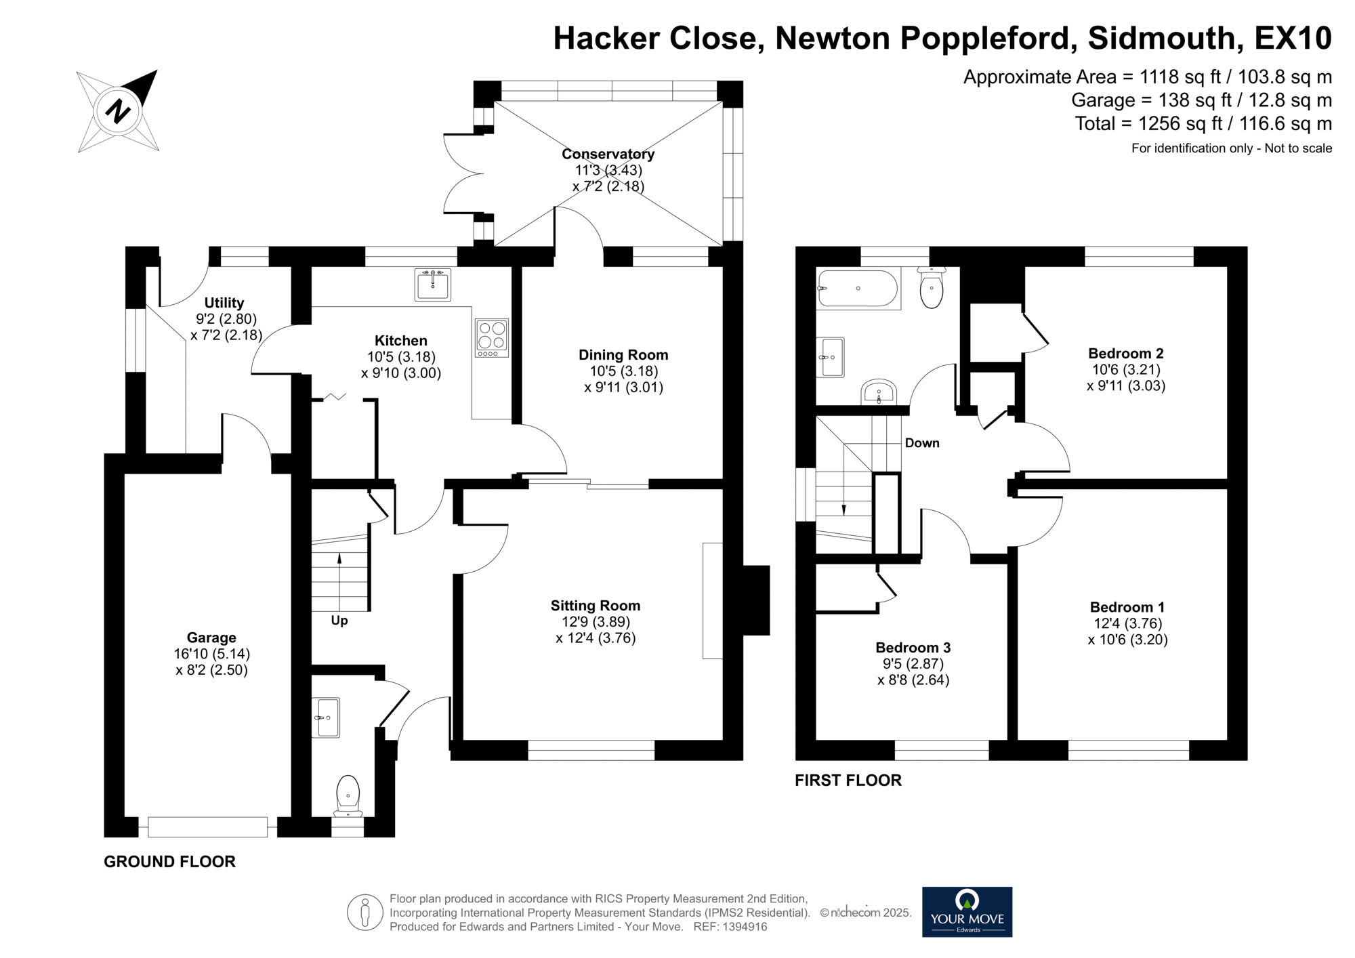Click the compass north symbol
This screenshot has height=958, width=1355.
[119, 110]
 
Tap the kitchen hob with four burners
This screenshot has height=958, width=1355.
[492, 337]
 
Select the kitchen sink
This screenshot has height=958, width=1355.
[432, 285]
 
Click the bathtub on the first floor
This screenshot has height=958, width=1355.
[858, 289]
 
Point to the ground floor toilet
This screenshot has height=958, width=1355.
[348, 794]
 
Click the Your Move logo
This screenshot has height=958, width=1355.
[967, 911]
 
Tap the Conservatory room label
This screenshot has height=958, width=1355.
[608, 154]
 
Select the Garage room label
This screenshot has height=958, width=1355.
[211, 638]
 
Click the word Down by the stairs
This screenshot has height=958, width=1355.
[922, 443]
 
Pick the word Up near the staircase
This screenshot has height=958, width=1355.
[339, 621]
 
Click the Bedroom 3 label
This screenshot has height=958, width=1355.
[913, 648]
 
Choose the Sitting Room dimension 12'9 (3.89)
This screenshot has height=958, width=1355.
[595, 622]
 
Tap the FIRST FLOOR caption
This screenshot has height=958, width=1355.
[848, 780]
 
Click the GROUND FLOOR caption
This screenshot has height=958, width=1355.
[169, 862]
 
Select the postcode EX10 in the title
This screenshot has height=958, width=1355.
[1293, 38]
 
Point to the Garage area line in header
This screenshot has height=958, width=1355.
[1201, 100]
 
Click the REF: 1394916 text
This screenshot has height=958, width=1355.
[730, 927]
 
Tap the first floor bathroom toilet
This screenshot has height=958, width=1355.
[932, 289]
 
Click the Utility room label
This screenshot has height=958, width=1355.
[224, 303]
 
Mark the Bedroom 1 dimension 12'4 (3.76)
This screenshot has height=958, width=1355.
[1127, 623]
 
